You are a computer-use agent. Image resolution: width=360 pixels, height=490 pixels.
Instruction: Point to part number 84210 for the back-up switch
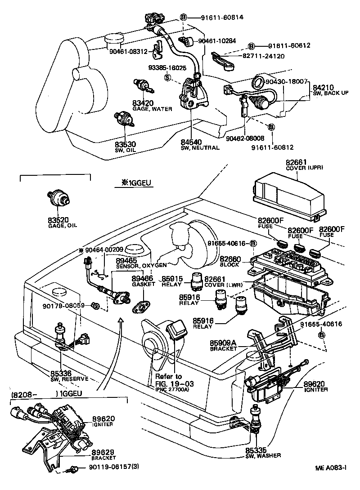323,87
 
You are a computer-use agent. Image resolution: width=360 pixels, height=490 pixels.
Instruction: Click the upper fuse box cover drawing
288,194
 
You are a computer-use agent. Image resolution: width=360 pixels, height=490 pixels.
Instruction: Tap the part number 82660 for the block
243,259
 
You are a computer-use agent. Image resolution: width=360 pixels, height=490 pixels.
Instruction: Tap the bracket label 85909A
224,342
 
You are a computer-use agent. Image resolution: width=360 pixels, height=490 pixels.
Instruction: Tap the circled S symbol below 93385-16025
167,77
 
